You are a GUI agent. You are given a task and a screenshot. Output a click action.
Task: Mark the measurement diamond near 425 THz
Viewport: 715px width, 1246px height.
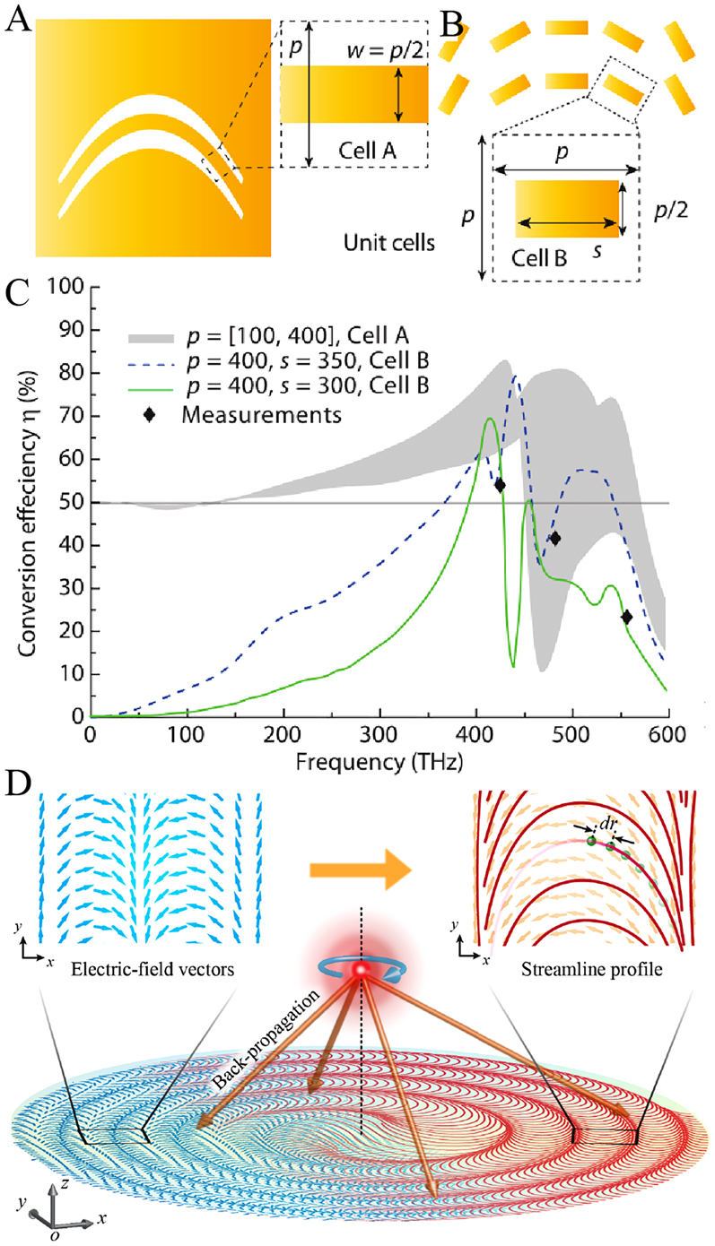(x=500, y=485)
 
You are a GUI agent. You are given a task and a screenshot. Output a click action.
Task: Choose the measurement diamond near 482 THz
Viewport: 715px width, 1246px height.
(x=555, y=539)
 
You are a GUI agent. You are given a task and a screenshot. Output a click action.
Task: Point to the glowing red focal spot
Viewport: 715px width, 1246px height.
(x=362, y=971)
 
